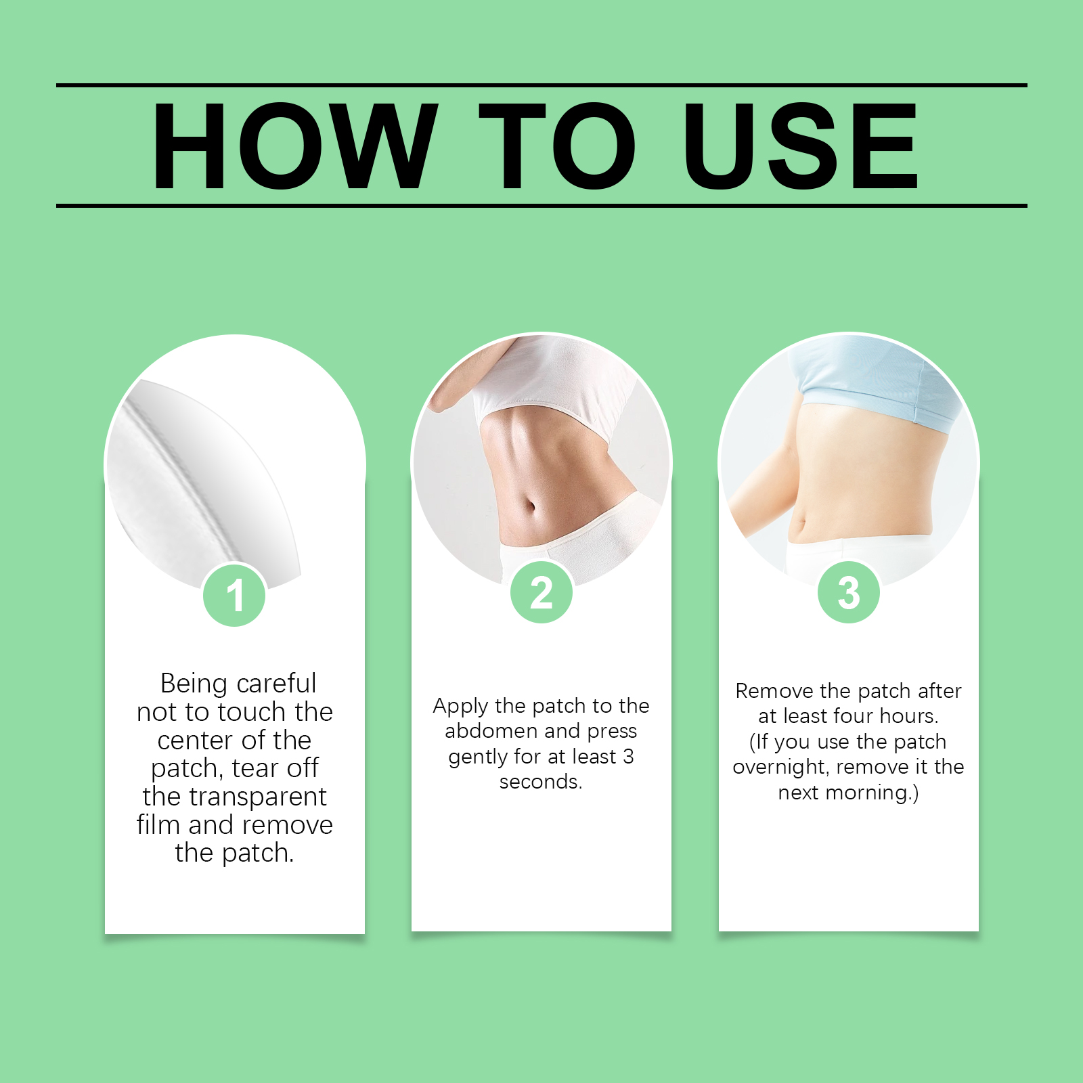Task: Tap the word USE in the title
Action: tap(801, 146)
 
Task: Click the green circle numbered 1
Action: tap(234, 595)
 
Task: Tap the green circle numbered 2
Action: tap(541, 592)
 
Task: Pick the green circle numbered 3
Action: tap(849, 592)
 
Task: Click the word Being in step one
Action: tap(194, 684)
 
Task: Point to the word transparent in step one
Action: tap(258, 797)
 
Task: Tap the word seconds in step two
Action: tap(540, 782)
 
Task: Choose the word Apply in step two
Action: tap(461, 707)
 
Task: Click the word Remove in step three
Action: tap(774, 691)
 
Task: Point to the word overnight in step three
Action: tap(781, 768)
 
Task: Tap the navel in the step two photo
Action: tap(531, 507)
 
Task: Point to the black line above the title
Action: tap(541, 85)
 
